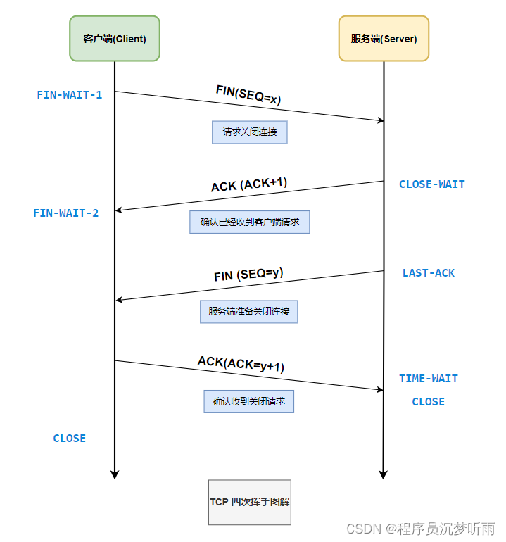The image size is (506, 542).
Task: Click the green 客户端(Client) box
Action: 115,39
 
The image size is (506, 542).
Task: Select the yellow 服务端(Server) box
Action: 384,39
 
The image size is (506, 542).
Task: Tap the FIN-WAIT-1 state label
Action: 70,94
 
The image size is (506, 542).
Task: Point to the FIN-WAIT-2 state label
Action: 66,213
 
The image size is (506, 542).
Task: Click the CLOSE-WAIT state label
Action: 431,184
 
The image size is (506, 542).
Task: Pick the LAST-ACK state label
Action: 429,272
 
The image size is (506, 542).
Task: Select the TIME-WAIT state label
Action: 429,378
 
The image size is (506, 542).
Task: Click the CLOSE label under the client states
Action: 70,438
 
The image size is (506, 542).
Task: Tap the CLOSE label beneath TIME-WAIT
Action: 428,401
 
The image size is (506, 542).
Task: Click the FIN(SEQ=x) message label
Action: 248,95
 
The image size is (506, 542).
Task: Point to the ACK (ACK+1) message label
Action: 249,184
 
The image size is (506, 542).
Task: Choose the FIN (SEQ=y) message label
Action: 248,274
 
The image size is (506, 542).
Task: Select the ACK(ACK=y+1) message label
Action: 241,364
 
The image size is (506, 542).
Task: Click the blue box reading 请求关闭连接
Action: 250,132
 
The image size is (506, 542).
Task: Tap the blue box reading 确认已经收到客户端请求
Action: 250,222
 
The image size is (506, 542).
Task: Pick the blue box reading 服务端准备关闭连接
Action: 249,311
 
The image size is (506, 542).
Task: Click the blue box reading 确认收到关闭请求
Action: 249,401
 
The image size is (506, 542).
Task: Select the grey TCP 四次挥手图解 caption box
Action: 249,502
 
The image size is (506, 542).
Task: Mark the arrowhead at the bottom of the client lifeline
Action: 115,475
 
